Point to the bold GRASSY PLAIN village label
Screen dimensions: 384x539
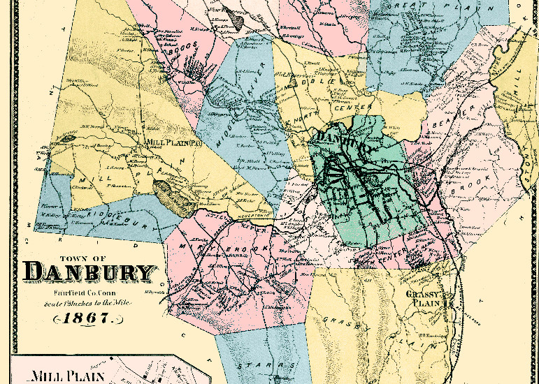click(428, 299)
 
